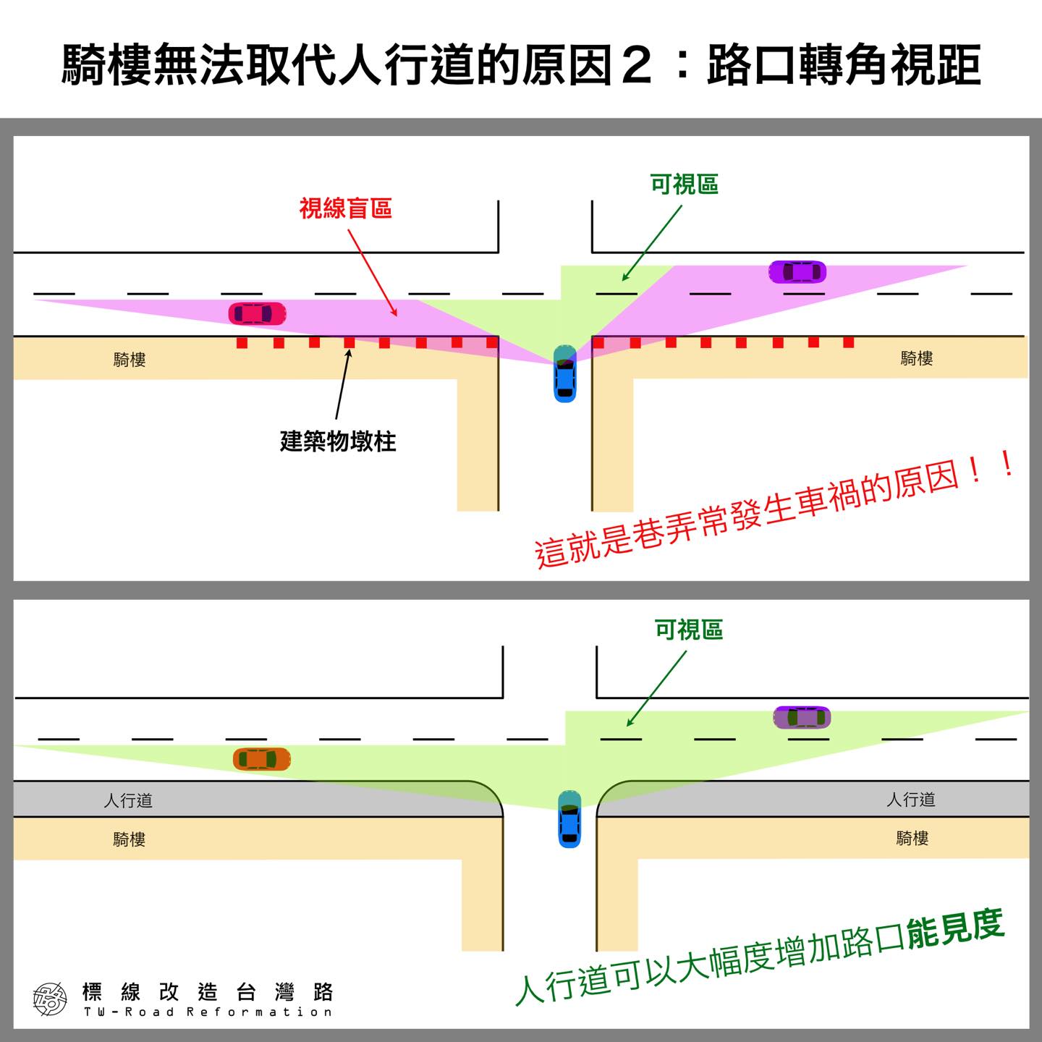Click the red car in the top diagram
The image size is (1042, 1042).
[x=257, y=313]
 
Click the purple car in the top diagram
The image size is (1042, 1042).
[x=797, y=272]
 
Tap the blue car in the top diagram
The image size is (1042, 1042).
[x=564, y=373]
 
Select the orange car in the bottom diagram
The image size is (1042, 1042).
[x=261, y=759]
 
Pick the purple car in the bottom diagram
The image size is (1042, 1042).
[x=802, y=717]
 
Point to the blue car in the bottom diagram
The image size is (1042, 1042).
[x=569, y=819]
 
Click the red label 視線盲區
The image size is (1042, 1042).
[x=346, y=209]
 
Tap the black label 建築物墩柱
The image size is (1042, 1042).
[x=338, y=441]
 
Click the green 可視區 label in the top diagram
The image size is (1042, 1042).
[x=684, y=185]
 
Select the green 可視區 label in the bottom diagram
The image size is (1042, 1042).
[x=688, y=630]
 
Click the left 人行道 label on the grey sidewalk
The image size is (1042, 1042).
[x=128, y=800]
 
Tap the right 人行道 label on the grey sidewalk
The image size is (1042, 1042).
[x=911, y=800]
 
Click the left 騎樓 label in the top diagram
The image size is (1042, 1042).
[x=130, y=359]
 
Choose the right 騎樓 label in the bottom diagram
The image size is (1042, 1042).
[x=912, y=838]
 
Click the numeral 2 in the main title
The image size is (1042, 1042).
[x=638, y=66]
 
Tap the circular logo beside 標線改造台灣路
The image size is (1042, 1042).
[x=50, y=999]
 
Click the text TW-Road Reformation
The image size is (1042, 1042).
[x=208, y=1012]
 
